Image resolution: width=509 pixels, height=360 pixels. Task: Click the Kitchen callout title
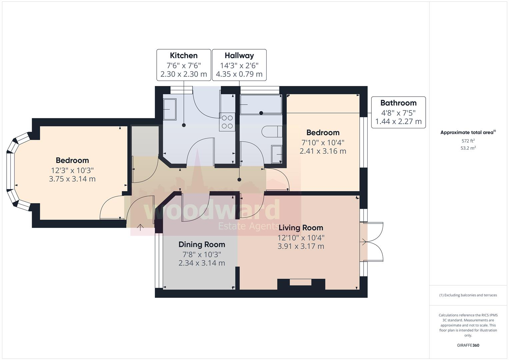point(184,56)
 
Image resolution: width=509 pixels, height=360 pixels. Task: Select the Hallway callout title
point(239,56)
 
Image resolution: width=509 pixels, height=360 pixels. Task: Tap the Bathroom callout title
point(398,103)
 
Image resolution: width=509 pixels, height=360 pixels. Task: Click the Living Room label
point(301,228)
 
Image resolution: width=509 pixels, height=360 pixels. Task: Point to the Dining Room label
point(202,245)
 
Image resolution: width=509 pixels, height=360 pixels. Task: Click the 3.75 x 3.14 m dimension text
point(72,179)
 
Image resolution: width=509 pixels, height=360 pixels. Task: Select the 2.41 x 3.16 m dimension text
point(323,151)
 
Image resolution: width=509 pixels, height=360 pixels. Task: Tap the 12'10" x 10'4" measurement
point(301,238)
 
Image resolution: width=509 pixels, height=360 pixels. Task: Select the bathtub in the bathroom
point(261,104)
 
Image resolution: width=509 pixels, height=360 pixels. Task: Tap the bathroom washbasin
point(277,154)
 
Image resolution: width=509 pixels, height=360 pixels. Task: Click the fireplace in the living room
point(301,283)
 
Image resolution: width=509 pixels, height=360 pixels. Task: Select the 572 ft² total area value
point(468,141)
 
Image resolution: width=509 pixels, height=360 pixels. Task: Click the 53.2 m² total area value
point(468,148)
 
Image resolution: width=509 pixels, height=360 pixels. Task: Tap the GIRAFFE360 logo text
point(468,345)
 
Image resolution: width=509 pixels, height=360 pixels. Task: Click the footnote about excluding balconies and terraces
point(468,295)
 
